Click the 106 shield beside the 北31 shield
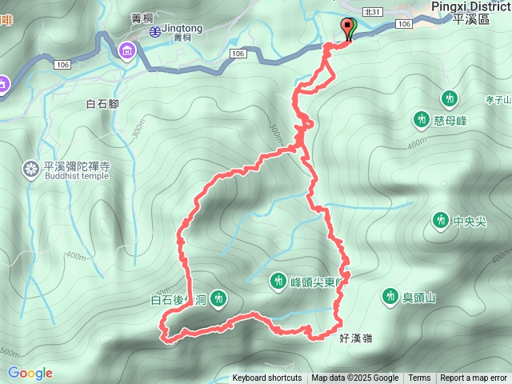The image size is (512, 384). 403,25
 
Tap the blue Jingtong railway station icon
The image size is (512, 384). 154,31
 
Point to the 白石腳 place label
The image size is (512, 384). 102,103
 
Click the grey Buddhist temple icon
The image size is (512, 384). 31,169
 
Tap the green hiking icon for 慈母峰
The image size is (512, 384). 422,120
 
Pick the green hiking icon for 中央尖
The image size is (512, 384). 440,220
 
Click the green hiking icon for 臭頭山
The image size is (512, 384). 390,297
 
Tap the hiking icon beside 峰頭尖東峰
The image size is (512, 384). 278,282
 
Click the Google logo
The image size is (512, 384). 30,373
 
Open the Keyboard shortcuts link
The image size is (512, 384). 267,378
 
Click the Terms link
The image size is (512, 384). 419,378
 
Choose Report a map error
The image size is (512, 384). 474,378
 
